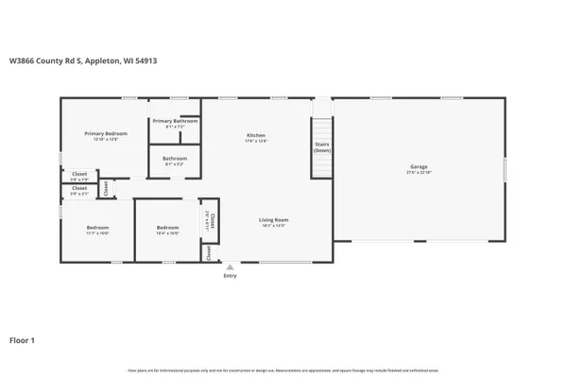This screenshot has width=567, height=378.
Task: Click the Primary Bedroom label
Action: pyautogui.click(x=104, y=133)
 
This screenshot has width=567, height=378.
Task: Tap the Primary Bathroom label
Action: pyautogui.click(x=175, y=121)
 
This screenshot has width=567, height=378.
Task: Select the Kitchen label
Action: pyautogui.click(x=256, y=135)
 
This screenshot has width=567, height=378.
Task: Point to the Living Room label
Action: pyautogui.click(x=274, y=220)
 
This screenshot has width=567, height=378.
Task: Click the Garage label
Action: pyautogui.click(x=419, y=166)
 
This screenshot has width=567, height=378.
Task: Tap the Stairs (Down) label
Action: pyautogui.click(x=322, y=146)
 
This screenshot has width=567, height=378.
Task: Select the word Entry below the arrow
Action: pyautogui.click(x=230, y=276)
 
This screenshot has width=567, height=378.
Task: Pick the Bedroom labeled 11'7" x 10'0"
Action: pyautogui.click(x=98, y=227)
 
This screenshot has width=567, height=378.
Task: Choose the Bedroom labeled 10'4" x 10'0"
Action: pyautogui.click(x=167, y=227)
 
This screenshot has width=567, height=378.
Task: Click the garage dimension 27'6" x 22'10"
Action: pyautogui.click(x=419, y=173)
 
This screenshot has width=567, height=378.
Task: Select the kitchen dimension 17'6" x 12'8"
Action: pyautogui.click(x=256, y=142)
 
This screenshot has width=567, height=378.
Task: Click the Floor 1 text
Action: pyautogui.click(x=23, y=339)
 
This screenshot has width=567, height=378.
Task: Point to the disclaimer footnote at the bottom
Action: pyautogui.click(x=283, y=369)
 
